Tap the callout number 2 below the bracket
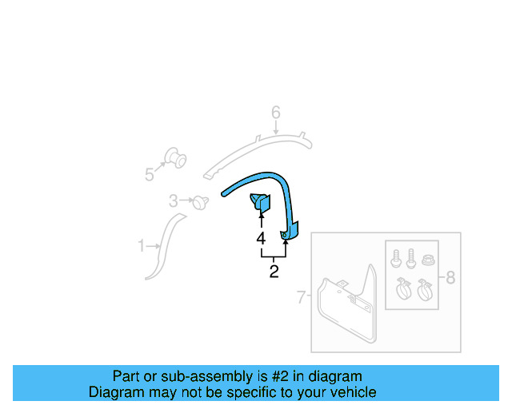pos(274,272)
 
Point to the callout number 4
pos(261,238)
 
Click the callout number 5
pos(150,174)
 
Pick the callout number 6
pos(275,113)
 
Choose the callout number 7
pos(302,298)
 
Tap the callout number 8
pos(450,277)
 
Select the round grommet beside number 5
pos(174,158)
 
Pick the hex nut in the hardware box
pos(427,260)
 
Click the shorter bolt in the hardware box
pos(396,260)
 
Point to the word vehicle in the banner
pos(351,392)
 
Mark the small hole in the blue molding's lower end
pos(286,235)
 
